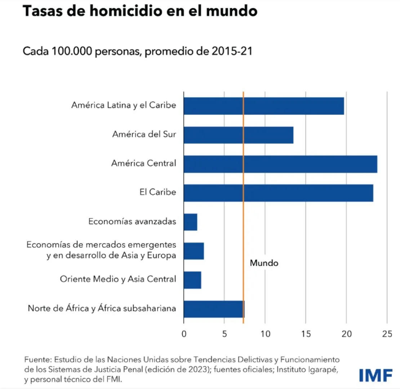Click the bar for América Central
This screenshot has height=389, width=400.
pyautogui.click(x=280, y=164)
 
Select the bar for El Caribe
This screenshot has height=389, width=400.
pyautogui.click(x=278, y=193)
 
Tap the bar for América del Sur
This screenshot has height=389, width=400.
pyautogui.click(x=238, y=135)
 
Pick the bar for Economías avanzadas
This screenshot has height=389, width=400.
pyautogui.click(x=190, y=222)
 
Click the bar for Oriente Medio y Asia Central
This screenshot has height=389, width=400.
pyautogui.click(x=192, y=280)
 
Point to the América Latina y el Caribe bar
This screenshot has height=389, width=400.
pyautogui.click(x=264, y=106)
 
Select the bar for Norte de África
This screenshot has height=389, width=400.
pyautogui.click(x=214, y=309)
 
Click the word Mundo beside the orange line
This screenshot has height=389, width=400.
pyautogui.click(x=264, y=263)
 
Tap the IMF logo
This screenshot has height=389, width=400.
pyautogui.click(x=375, y=375)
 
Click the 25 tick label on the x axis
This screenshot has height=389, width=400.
pyautogui.click(x=387, y=334)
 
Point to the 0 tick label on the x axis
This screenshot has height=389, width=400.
pyautogui.click(x=184, y=334)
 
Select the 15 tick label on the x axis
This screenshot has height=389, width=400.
pyautogui.click(x=306, y=334)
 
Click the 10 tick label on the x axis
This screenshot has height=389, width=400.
pyautogui.click(x=265, y=334)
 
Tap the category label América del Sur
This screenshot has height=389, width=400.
pyautogui.click(x=144, y=135)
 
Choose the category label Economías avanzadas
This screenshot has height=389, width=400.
pyautogui.click(x=132, y=222)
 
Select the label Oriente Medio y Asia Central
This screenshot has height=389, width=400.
pyautogui.click(x=118, y=279)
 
